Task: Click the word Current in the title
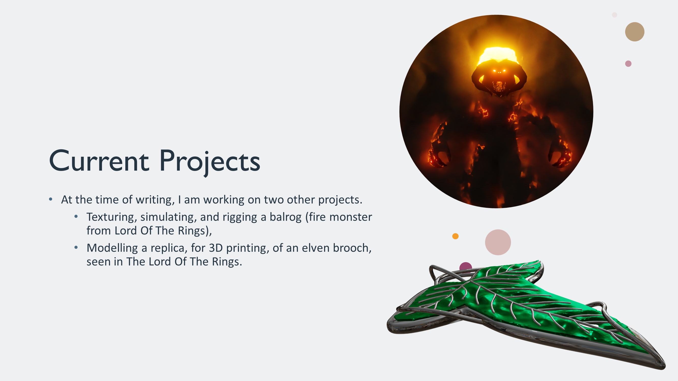pos(99,161)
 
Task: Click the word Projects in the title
pos(210,162)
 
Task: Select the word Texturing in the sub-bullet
pos(112,217)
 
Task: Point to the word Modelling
pos(112,248)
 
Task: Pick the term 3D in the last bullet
pos(216,248)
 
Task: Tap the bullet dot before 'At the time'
pos(51,199)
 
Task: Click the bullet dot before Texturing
pos(76,217)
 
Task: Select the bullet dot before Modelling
pos(76,247)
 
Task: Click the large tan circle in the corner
pos(635,32)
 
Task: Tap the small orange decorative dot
pos(455,236)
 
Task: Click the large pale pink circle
pos(498,242)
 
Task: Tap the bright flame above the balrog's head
pos(497,55)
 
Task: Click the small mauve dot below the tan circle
pos(628,64)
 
